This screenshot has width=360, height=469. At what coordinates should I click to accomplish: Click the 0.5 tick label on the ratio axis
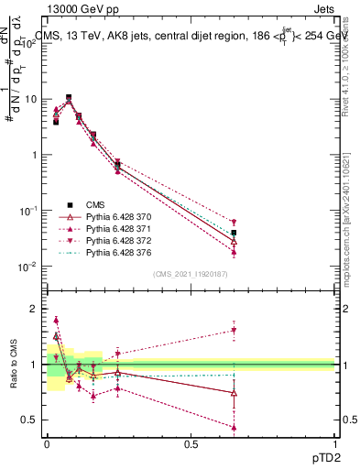(27, 420)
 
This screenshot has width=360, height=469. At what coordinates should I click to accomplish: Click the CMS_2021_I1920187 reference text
(192, 274)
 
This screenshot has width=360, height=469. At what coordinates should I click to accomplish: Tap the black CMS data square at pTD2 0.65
(235, 233)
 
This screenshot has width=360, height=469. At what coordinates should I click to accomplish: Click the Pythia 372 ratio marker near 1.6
(235, 331)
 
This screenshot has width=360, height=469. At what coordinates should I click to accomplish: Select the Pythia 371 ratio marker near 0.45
(235, 427)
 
